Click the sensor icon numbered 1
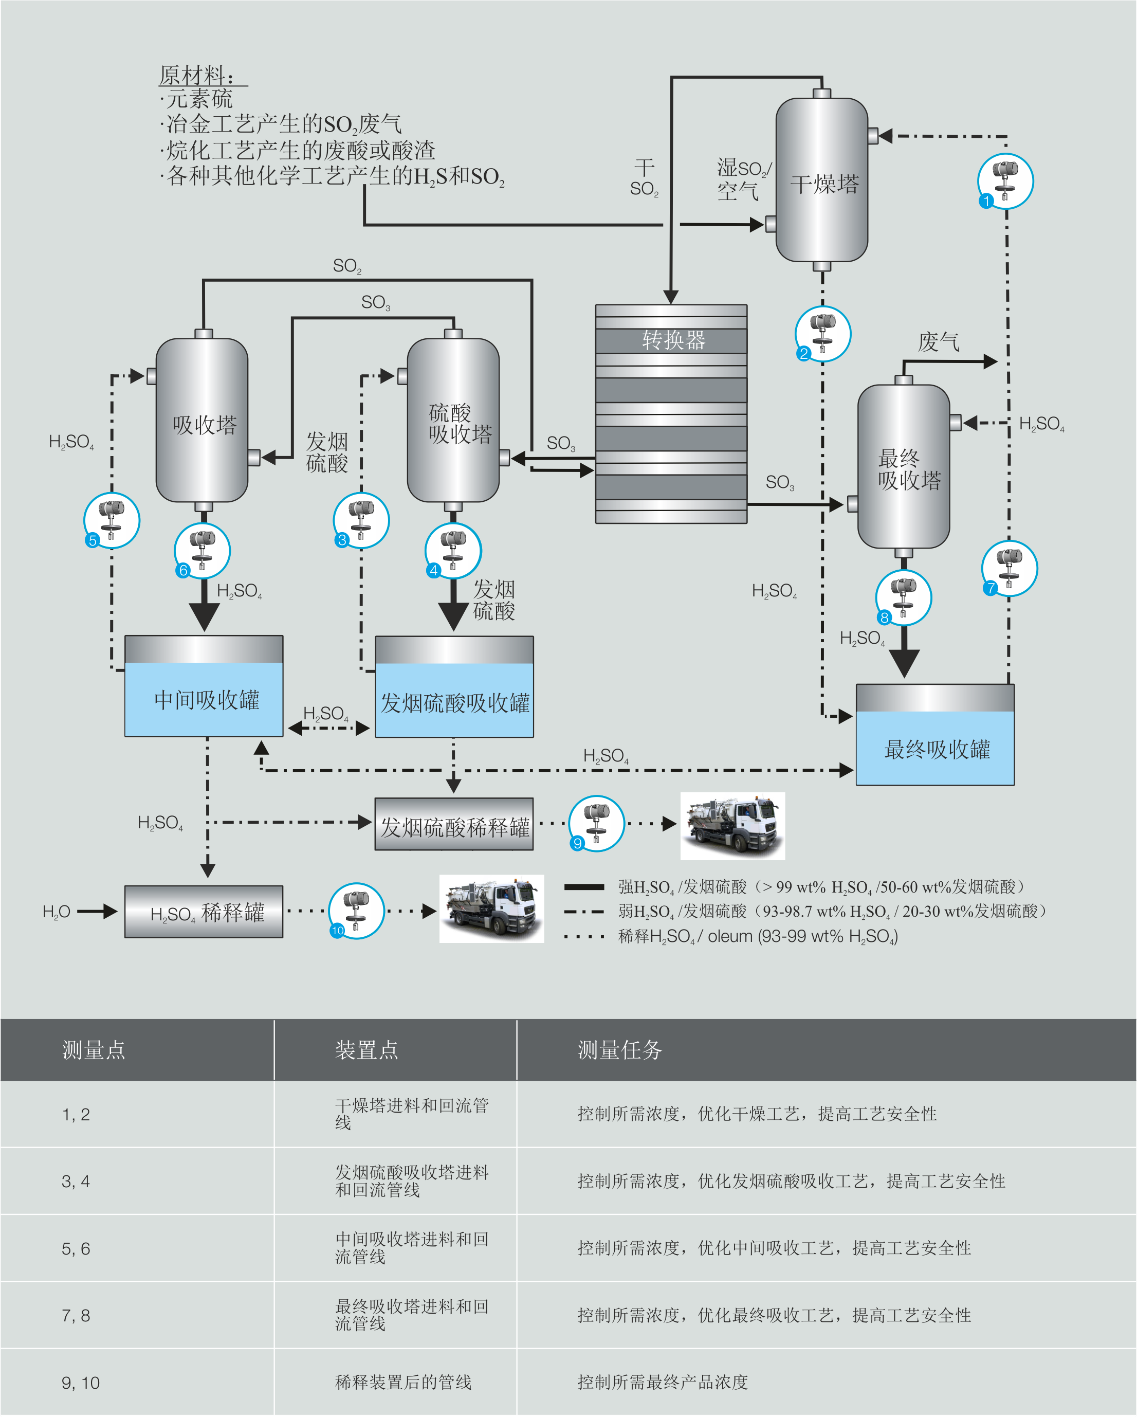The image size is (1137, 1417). (x=1005, y=181)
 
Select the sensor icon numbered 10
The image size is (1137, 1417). (x=356, y=911)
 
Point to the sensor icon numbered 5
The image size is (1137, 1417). (x=112, y=520)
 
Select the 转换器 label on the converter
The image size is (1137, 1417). (x=673, y=340)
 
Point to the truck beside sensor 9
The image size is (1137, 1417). (x=732, y=826)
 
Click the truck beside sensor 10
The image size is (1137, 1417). (x=491, y=909)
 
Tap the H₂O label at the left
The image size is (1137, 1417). (x=56, y=912)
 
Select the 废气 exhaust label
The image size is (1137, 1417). (x=938, y=342)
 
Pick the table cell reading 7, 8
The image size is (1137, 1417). (x=76, y=1316)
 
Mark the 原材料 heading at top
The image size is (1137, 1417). (x=196, y=75)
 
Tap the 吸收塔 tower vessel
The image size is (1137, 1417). (x=203, y=421)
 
